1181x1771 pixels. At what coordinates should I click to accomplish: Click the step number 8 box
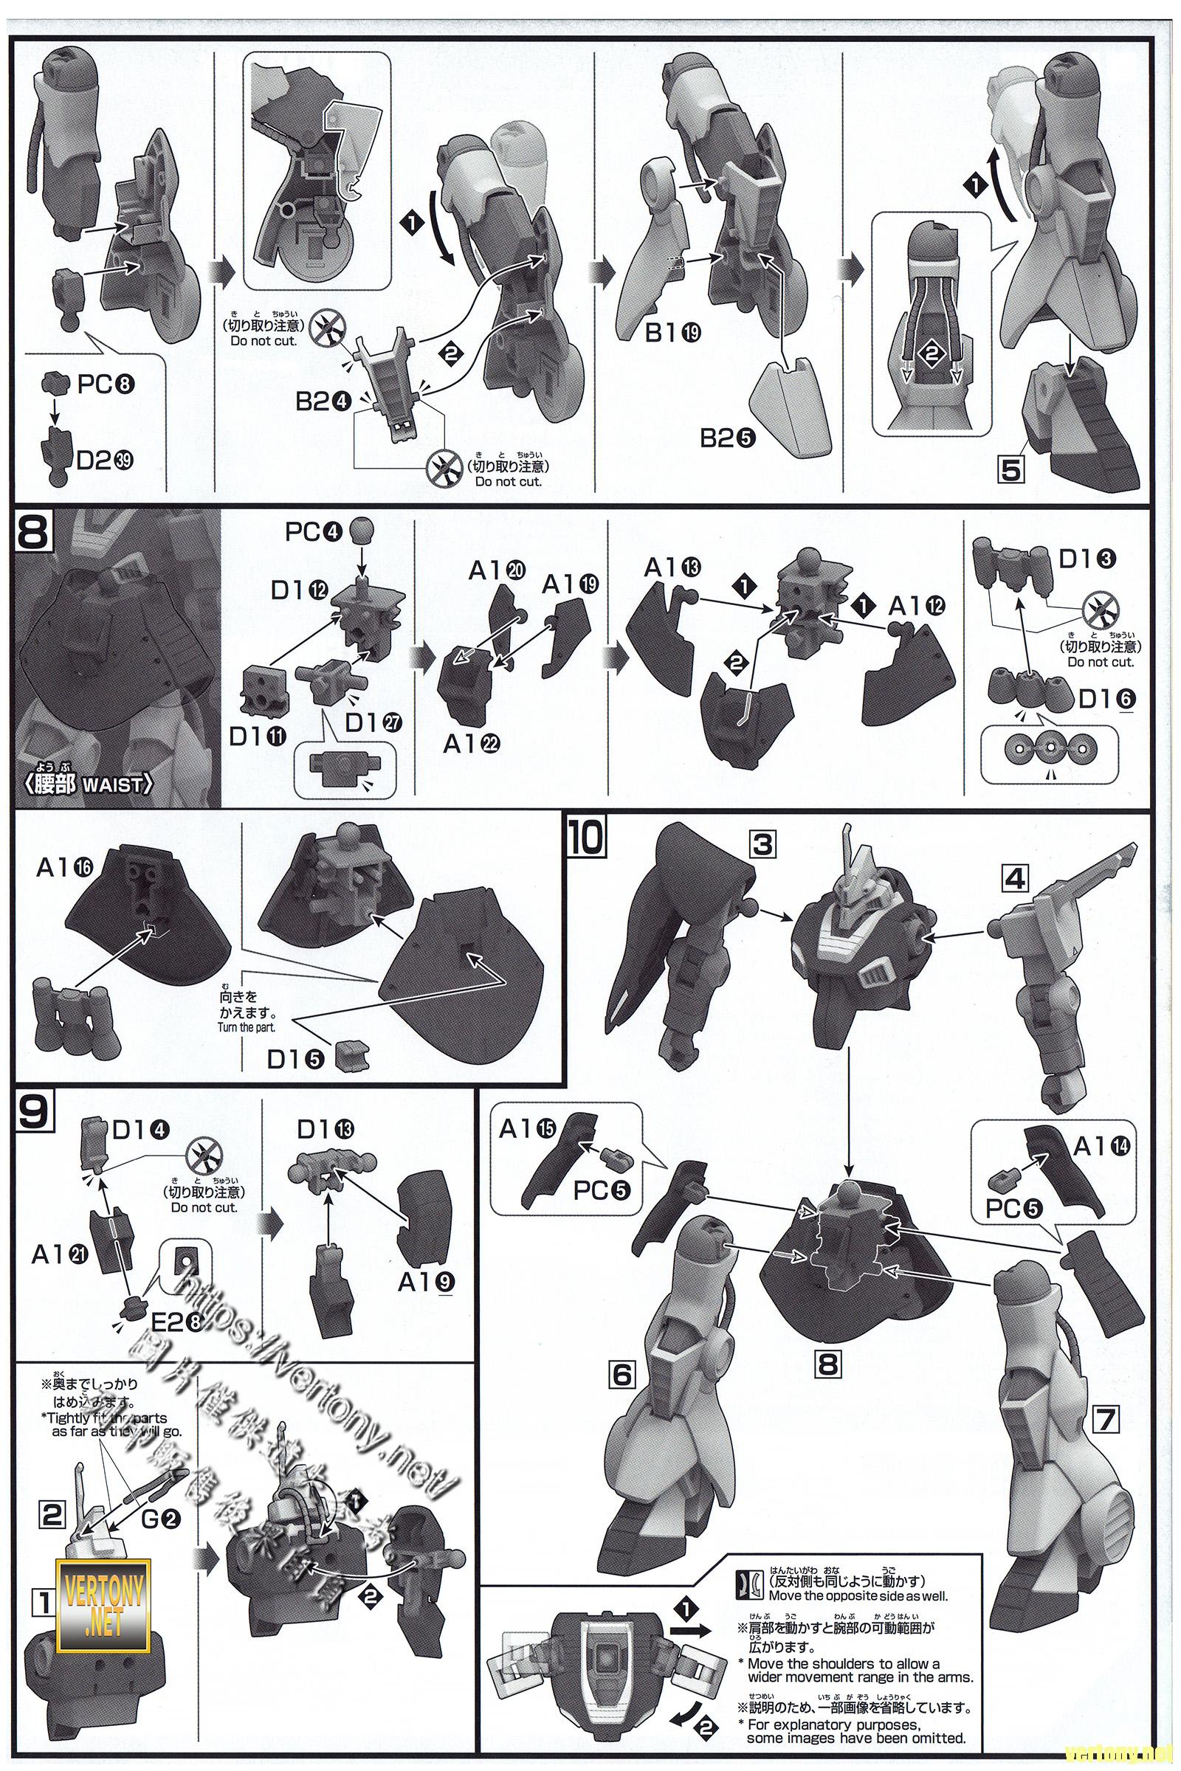[32, 533]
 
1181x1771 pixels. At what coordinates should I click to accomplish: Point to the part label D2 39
[105, 460]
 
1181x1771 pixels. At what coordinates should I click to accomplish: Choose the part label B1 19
[673, 333]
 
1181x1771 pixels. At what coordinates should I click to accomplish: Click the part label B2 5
[729, 438]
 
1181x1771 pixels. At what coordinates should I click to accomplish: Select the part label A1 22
[472, 744]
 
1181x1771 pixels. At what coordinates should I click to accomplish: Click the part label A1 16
[64, 869]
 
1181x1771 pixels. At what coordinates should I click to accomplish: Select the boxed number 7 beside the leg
[1104, 1422]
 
